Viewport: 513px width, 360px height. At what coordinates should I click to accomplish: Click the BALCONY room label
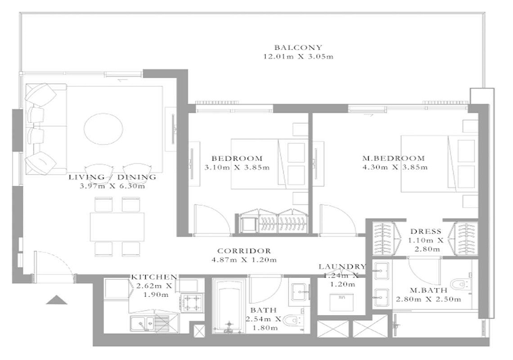(298, 47)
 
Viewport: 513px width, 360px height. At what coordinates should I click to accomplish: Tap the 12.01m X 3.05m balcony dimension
(298, 57)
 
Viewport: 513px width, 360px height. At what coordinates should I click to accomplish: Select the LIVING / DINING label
(112, 177)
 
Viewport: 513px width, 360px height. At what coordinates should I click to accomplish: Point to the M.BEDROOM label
(393, 158)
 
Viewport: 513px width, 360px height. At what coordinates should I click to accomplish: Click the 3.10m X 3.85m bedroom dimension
(237, 168)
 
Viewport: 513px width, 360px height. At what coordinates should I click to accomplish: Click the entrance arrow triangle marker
(57, 300)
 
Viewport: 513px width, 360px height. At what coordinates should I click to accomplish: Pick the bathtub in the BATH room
(229, 306)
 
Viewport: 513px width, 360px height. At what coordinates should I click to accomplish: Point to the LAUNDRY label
(342, 266)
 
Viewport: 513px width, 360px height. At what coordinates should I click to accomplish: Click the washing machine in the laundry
(344, 301)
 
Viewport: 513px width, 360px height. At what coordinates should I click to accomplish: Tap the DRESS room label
(425, 231)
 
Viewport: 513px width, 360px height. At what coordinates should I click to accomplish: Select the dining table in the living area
(117, 226)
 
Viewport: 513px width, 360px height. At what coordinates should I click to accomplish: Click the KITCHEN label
(154, 277)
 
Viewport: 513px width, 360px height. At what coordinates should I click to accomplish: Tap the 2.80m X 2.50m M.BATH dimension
(428, 299)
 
